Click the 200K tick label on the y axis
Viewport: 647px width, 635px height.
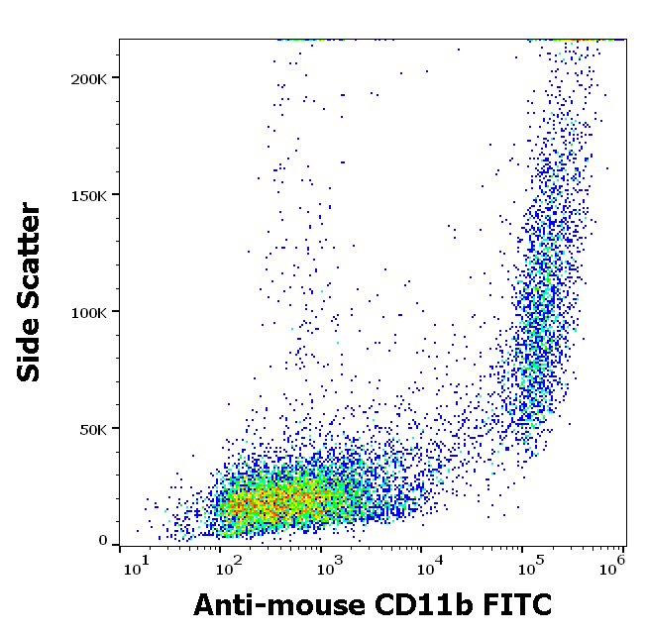point(87,77)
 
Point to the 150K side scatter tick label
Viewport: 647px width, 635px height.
point(87,194)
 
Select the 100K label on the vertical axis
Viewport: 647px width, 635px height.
point(87,311)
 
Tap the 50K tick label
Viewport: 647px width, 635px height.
point(91,428)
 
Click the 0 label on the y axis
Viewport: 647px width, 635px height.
point(102,541)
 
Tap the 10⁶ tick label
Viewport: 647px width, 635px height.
point(613,567)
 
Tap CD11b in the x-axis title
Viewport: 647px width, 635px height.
point(420,603)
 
